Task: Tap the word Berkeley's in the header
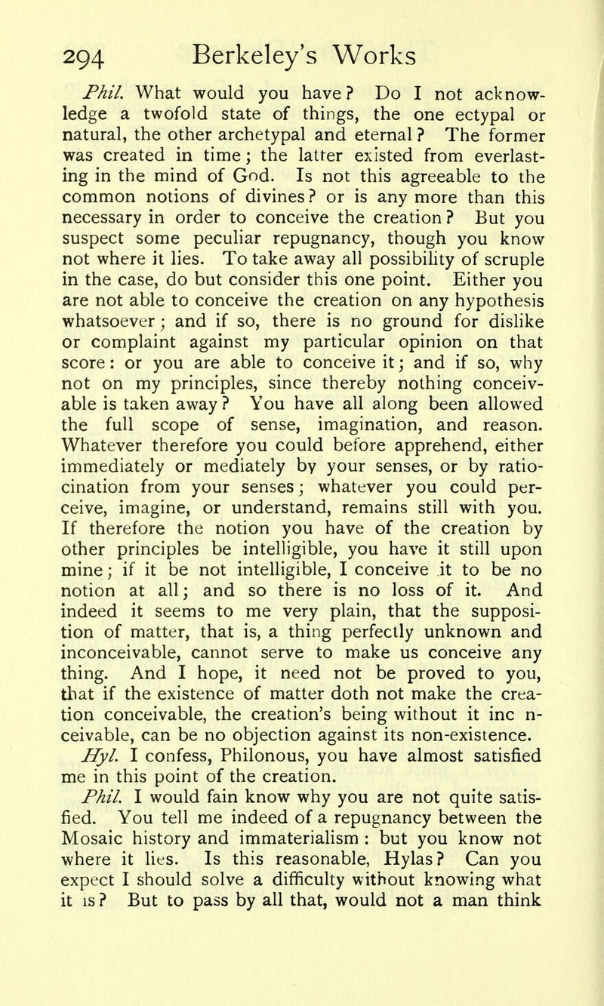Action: (261, 56)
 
